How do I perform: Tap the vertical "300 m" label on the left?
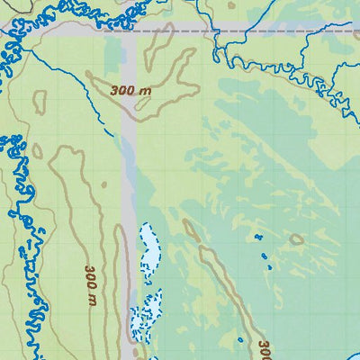pos(90,284)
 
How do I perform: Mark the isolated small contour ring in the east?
pos(295,239)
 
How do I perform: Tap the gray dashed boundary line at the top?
pos(288,31)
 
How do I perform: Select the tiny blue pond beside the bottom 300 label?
pos(241,340)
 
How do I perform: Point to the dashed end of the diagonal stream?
pos(110,132)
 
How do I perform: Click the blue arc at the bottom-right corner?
pos(352,349)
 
